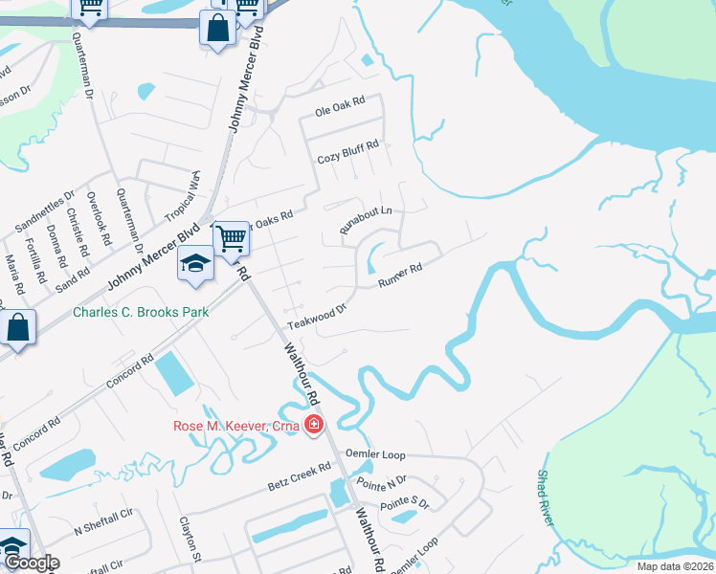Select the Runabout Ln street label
pos(366,221)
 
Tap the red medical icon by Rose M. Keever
pos(313,426)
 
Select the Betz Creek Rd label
pos(299,478)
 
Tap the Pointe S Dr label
pos(405,500)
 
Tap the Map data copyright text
pos(676,566)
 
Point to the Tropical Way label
pos(183,199)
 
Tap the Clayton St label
pos(188,541)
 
